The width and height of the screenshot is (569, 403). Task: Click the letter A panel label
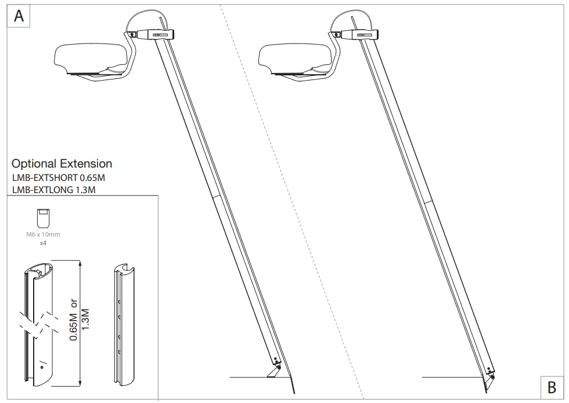(19, 16)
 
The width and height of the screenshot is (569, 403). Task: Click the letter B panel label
(552, 387)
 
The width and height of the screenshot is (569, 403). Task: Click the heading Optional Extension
(62, 164)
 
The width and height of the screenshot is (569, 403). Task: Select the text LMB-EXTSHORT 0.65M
(58, 177)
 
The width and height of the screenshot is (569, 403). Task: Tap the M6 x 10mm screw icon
(42, 218)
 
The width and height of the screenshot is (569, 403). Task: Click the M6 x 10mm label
(42, 235)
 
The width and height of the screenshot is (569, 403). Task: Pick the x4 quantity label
(42, 244)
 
